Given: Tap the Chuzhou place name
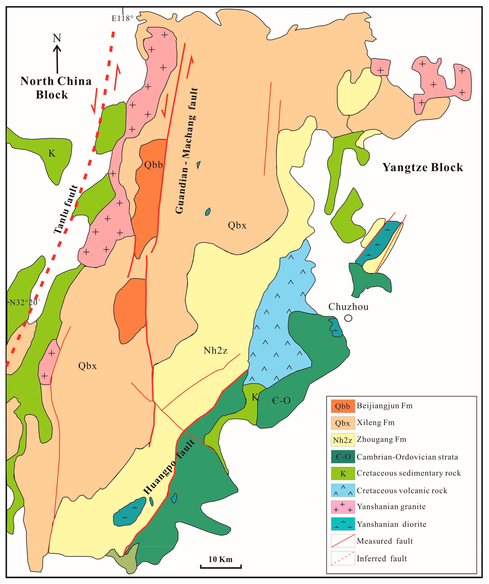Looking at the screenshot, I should pyautogui.click(x=348, y=307).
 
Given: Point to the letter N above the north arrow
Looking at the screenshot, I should pyautogui.click(x=57, y=38).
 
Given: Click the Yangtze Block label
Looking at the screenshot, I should pyautogui.click(x=423, y=167).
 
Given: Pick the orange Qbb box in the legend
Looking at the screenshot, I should pyautogui.click(x=343, y=406).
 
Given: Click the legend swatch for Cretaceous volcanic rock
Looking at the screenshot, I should pyautogui.click(x=343, y=490).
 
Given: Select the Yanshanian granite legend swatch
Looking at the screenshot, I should pyautogui.click(x=343, y=507).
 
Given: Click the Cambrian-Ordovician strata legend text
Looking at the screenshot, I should pyautogui.click(x=407, y=457).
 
